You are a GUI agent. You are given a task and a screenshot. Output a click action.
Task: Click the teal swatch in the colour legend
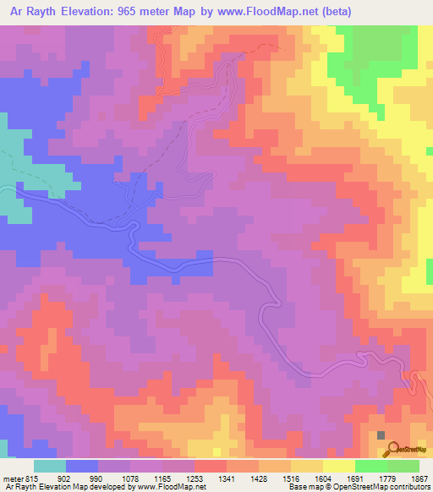pos(50,466)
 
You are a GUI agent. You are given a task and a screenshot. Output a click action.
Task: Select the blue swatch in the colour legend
pos(82,466)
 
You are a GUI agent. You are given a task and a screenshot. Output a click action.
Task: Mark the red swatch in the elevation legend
pos(211,466)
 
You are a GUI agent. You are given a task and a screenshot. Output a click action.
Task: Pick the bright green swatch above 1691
pos(371,466)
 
